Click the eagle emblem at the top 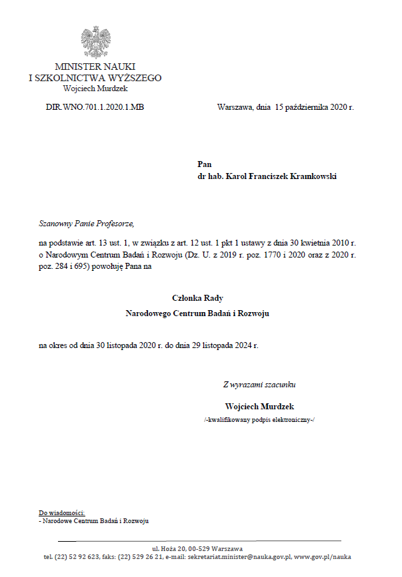coord(95,43)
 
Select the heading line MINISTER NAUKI coord(95,67)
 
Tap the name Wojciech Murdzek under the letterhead coord(95,88)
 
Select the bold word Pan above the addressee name coord(204,164)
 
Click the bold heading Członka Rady coord(197,297)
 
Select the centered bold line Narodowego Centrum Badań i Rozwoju coord(197,312)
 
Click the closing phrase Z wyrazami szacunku coord(259,384)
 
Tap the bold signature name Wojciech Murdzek coord(259,406)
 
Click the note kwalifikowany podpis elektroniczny coord(259,420)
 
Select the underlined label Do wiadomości coord(62,512)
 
